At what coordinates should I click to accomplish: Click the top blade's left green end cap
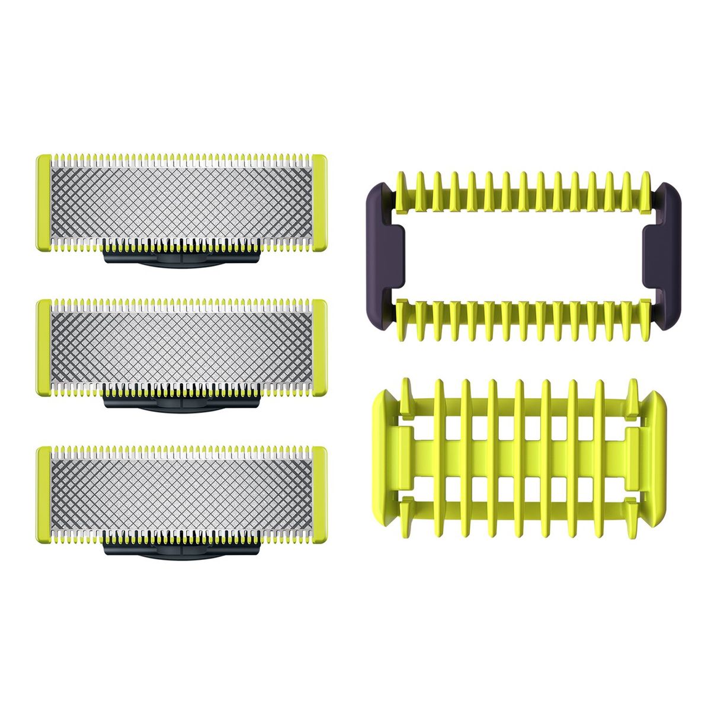43,203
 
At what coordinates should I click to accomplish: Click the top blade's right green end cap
318,203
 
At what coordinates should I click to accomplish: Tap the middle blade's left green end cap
43,348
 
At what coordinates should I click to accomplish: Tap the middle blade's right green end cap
318,348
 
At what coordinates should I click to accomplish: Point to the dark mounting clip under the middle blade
182,403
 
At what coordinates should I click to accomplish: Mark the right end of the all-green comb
659,450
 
